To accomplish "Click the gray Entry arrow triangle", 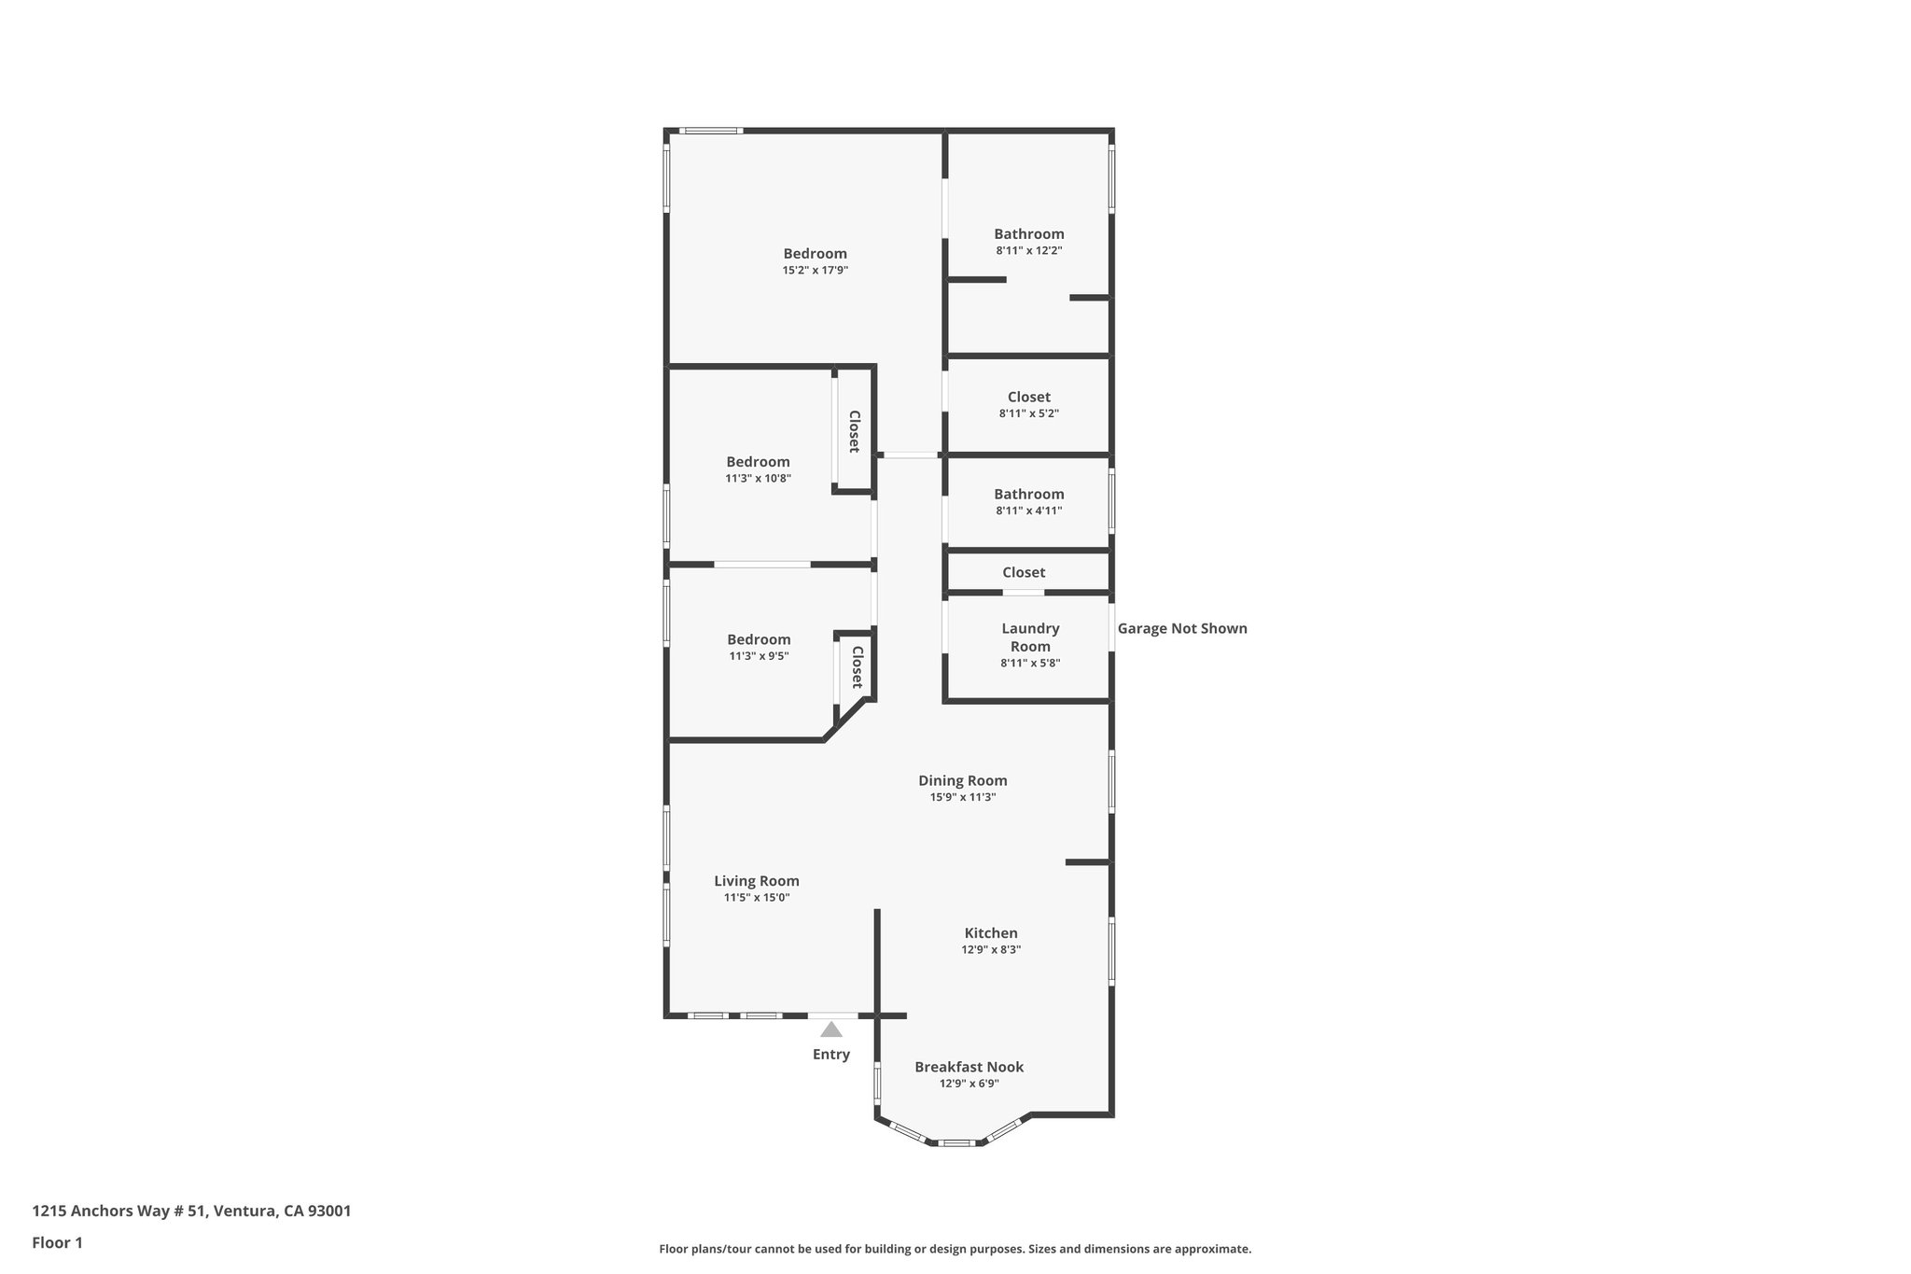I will [x=830, y=1029].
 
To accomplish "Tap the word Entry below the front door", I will [x=830, y=1055].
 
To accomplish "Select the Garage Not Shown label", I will [x=1181, y=628].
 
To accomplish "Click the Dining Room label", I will [x=962, y=780].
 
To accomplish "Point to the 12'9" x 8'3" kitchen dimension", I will [x=991, y=949].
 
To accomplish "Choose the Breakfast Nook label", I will [x=969, y=1067].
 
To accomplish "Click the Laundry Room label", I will [x=1030, y=637].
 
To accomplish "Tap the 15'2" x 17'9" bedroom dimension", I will [x=815, y=271].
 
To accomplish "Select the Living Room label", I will [x=756, y=880].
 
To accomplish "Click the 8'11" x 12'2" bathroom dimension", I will [x=1028, y=250].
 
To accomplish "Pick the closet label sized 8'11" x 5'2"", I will [x=1028, y=397].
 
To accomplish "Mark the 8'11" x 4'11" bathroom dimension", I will [x=1028, y=511].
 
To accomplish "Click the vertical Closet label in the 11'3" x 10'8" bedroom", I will [x=854, y=431].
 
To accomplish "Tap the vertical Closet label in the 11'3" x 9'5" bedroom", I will [x=857, y=667].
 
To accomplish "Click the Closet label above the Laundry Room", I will [x=1023, y=572].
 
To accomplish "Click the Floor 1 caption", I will [x=57, y=1242].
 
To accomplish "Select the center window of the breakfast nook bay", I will [x=955, y=1142].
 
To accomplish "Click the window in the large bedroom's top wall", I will [x=710, y=131].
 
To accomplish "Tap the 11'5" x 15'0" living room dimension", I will [x=756, y=898].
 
